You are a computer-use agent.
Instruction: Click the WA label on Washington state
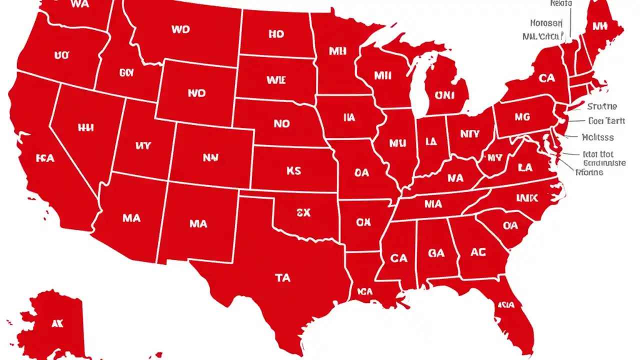click(x=80, y=4)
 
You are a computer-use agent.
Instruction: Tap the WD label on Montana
click(x=180, y=30)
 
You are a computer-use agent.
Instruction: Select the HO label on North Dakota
click(x=276, y=34)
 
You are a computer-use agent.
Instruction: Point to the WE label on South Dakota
click(x=276, y=79)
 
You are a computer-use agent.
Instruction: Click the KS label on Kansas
click(x=294, y=170)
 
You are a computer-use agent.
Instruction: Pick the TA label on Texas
click(x=282, y=277)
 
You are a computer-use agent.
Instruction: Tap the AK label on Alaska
click(x=57, y=323)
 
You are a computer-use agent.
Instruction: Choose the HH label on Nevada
click(x=86, y=128)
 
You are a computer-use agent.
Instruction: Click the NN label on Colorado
click(x=210, y=157)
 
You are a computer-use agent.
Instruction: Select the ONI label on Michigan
click(x=445, y=95)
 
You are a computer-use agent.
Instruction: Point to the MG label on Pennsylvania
click(x=522, y=117)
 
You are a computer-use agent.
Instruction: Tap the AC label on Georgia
click(x=478, y=252)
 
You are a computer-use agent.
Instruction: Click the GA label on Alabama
click(x=436, y=253)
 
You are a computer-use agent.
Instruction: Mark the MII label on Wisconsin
click(x=382, y=76)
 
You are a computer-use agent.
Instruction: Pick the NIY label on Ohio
click(x=470, y=134)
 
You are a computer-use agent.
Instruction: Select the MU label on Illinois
click(x=397, y=143)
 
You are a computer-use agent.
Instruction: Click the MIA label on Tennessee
click(x=433, y=204)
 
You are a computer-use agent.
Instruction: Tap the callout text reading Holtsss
click(x=598, y=137)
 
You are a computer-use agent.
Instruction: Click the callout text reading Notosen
click(x=546, y=23)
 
